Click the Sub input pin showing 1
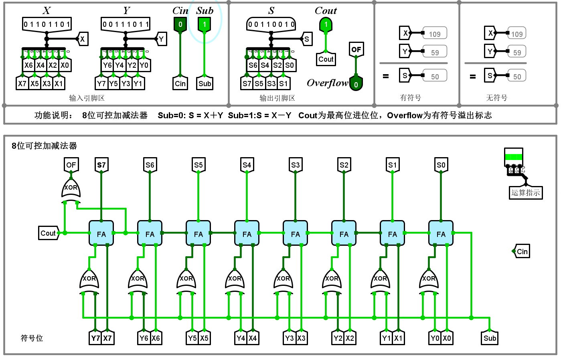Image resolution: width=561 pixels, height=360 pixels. click(x=205, y=24)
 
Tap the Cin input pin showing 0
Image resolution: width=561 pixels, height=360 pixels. click(x=180, y=24)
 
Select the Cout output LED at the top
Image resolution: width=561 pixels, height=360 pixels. click(x=326, y=25)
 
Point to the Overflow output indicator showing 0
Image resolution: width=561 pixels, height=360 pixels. click(x=356, y=84)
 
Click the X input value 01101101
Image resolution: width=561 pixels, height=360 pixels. click(x=47, y=24)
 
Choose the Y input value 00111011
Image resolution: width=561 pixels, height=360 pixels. click(x=126, y=24)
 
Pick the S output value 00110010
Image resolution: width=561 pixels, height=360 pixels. click(x=271, y=24)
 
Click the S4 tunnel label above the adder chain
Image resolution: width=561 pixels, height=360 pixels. click(x=247, y=165)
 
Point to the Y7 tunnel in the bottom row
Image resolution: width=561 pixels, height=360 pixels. click(x=95, y=338)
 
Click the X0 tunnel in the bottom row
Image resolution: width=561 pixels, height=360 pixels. click(x=447, y=338)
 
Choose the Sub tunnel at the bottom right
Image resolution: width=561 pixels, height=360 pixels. click(x=490, y=338)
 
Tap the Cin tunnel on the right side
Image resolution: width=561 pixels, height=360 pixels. click(x=522, y=251)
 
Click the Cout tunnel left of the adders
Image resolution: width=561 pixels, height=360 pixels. click(x=48, y=233)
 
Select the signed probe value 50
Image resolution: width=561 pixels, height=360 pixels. click(x=435, y=77)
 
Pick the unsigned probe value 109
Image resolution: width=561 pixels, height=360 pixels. click(x=517, y=34)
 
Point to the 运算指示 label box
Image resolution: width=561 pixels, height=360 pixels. click(x=525, y=192)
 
